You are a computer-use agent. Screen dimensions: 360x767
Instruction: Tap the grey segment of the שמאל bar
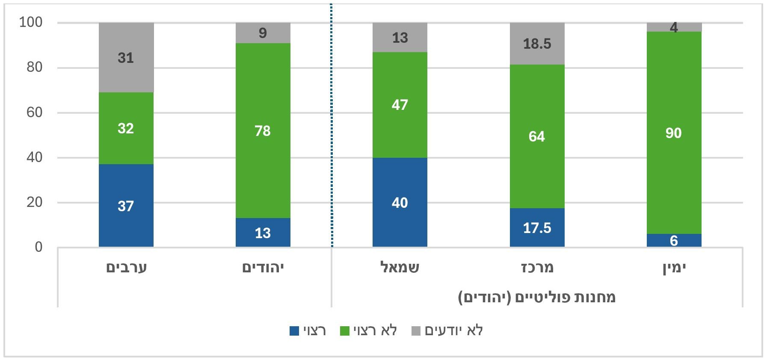[x=400, y=37]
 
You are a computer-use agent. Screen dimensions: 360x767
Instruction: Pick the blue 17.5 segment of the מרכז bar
[x=537, y=227]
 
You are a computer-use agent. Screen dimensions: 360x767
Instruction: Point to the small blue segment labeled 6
[x=674, y=240]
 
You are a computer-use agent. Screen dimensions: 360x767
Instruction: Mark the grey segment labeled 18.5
[x=537, y=44]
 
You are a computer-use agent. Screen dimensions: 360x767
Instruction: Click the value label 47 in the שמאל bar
[x=400, y=105]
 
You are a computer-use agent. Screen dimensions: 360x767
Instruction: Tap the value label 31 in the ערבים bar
[x=126, y=58]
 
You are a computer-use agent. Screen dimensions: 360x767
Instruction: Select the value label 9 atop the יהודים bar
[x=263, y=33]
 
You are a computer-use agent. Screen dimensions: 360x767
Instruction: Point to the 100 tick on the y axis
[x=31, y=22]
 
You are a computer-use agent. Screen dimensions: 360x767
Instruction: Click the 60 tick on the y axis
[x=34, y=112]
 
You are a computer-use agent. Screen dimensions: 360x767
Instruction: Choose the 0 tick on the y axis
[x=38, y=247]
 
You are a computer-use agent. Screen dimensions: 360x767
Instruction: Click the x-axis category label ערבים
[x=126, y=268]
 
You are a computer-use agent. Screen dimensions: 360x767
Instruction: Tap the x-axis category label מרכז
[x=537, y=268]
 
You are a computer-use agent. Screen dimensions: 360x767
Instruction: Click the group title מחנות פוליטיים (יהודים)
[x=536, y=297]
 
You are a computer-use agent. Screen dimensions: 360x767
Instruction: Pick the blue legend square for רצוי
[x=294, y=331]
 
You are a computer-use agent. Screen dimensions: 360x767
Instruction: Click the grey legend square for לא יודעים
[x=416, y=331]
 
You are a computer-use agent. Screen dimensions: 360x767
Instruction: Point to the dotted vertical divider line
[x=331, y=128]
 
